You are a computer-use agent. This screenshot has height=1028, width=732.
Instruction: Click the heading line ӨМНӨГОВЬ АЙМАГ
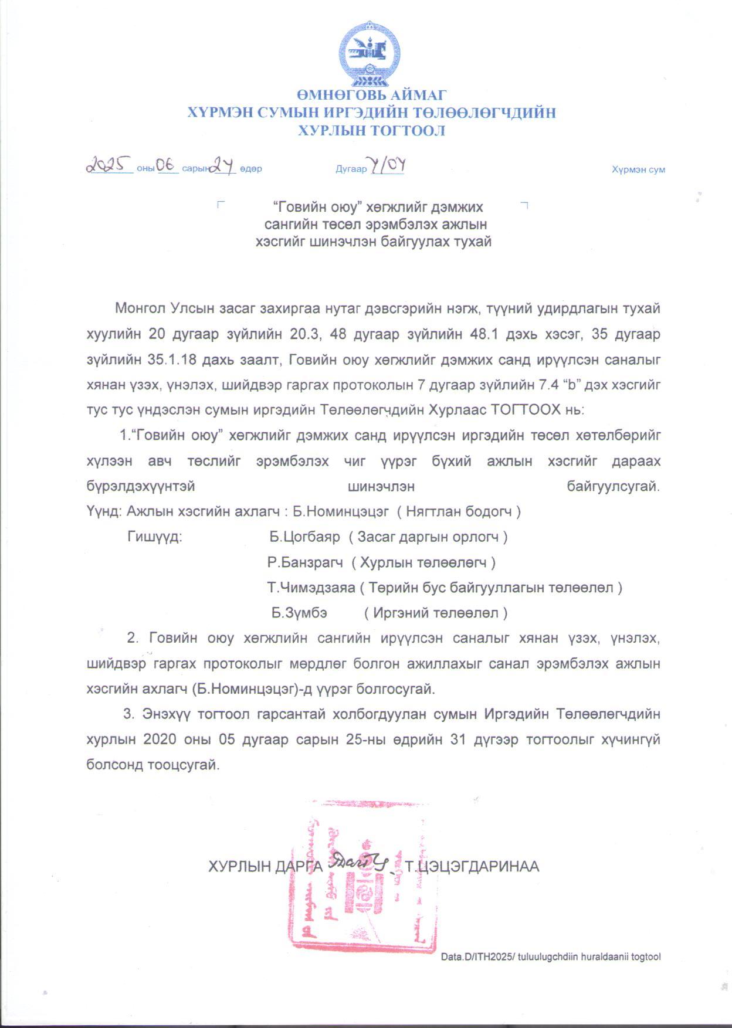pyautogui.click(x=371, y=95)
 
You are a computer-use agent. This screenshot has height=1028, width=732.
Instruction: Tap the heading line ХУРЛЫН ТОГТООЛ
pyautogui.click(x=371, y=131)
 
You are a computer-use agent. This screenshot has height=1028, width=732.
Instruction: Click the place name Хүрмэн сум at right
pyautogui.click(x=638, y=169)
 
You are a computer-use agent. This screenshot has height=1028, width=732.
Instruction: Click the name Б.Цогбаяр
pyautogui.click(x=305, y=537)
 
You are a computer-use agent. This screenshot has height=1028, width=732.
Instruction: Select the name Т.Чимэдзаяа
pyautogui.click(x=311, y=588)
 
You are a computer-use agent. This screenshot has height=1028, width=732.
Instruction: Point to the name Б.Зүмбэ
pyautogui.click(x=299, y=613)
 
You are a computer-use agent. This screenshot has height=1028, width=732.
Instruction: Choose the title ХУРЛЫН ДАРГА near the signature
pyautogui.click(x=265, y=866)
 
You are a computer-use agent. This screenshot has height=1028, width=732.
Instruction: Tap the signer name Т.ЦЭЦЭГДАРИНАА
pyautogui.click(x=472, y=866)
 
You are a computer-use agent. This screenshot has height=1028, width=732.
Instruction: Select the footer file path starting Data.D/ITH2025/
pyautogui.click(x=551, y=956)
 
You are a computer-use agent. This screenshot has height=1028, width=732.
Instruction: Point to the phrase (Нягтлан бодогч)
pyautogui.click(x=459, y=511)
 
